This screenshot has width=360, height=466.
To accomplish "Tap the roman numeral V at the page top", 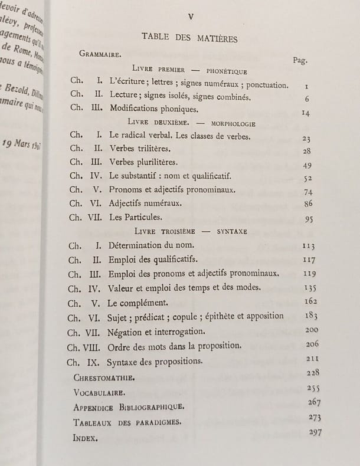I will click(x=190, y=17).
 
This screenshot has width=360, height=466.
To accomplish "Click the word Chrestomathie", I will click(x=103, y=376).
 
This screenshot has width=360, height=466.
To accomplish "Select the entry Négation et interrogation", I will click(x=156, y=331).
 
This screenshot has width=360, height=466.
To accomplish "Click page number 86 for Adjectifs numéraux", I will click(x=307, y=203).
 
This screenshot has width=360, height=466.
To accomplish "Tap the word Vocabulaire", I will click(x=100, y=392).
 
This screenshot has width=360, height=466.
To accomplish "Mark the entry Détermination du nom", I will click(x=152, y=245).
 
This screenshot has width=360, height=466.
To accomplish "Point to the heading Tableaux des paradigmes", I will click(x=127, y=422).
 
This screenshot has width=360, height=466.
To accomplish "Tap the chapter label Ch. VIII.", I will click(x=86, y=346).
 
